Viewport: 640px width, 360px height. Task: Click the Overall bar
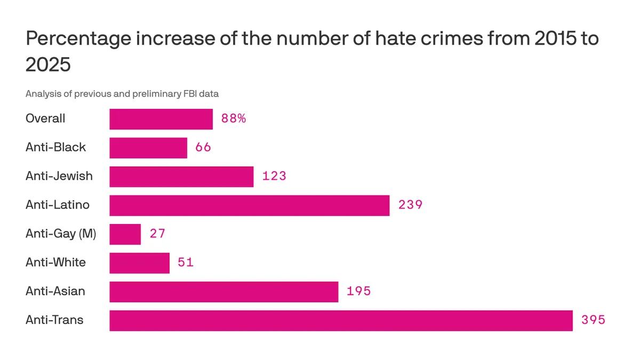click(x=161, y=119)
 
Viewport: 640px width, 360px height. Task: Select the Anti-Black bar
click(x=148, y=148)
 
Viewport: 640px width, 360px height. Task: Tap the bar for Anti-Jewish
click(x=181, y=177)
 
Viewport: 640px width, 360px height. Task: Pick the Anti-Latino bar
click(x=249, y=205)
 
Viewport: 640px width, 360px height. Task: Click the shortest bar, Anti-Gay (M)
click(x=125, y=234)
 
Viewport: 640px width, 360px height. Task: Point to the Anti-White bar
click(x=139, y=263)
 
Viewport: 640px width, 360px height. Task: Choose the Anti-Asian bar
click(x=223, y=292)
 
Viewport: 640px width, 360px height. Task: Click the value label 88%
click(x=234, y=119)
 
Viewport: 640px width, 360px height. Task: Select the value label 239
click(x=410, y=205)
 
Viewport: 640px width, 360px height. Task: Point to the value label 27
click(x=157, y=234)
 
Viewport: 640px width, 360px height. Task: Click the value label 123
click(x=274, y=177)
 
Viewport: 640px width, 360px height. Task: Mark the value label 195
click(x=358, y=292)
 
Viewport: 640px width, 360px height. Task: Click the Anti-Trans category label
click(x=54, y=321)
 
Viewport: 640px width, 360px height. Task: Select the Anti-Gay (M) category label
click(x=61, y=234)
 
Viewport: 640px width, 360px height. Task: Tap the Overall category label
click(x=45, y=118)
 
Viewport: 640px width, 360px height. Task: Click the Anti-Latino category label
click(x=57, y=205)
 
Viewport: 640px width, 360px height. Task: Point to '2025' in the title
click(x=48, y=65)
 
